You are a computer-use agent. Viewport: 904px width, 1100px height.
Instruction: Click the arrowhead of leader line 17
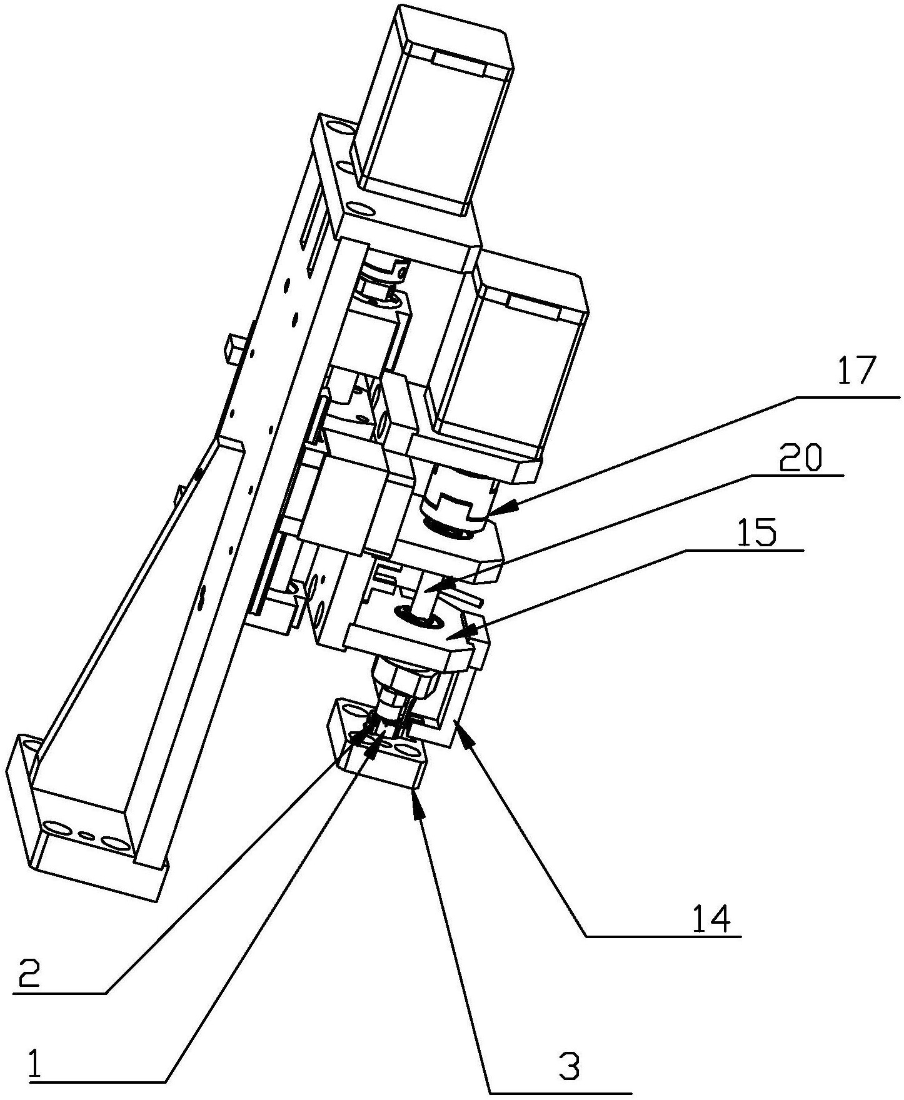click(x=500, y=507)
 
